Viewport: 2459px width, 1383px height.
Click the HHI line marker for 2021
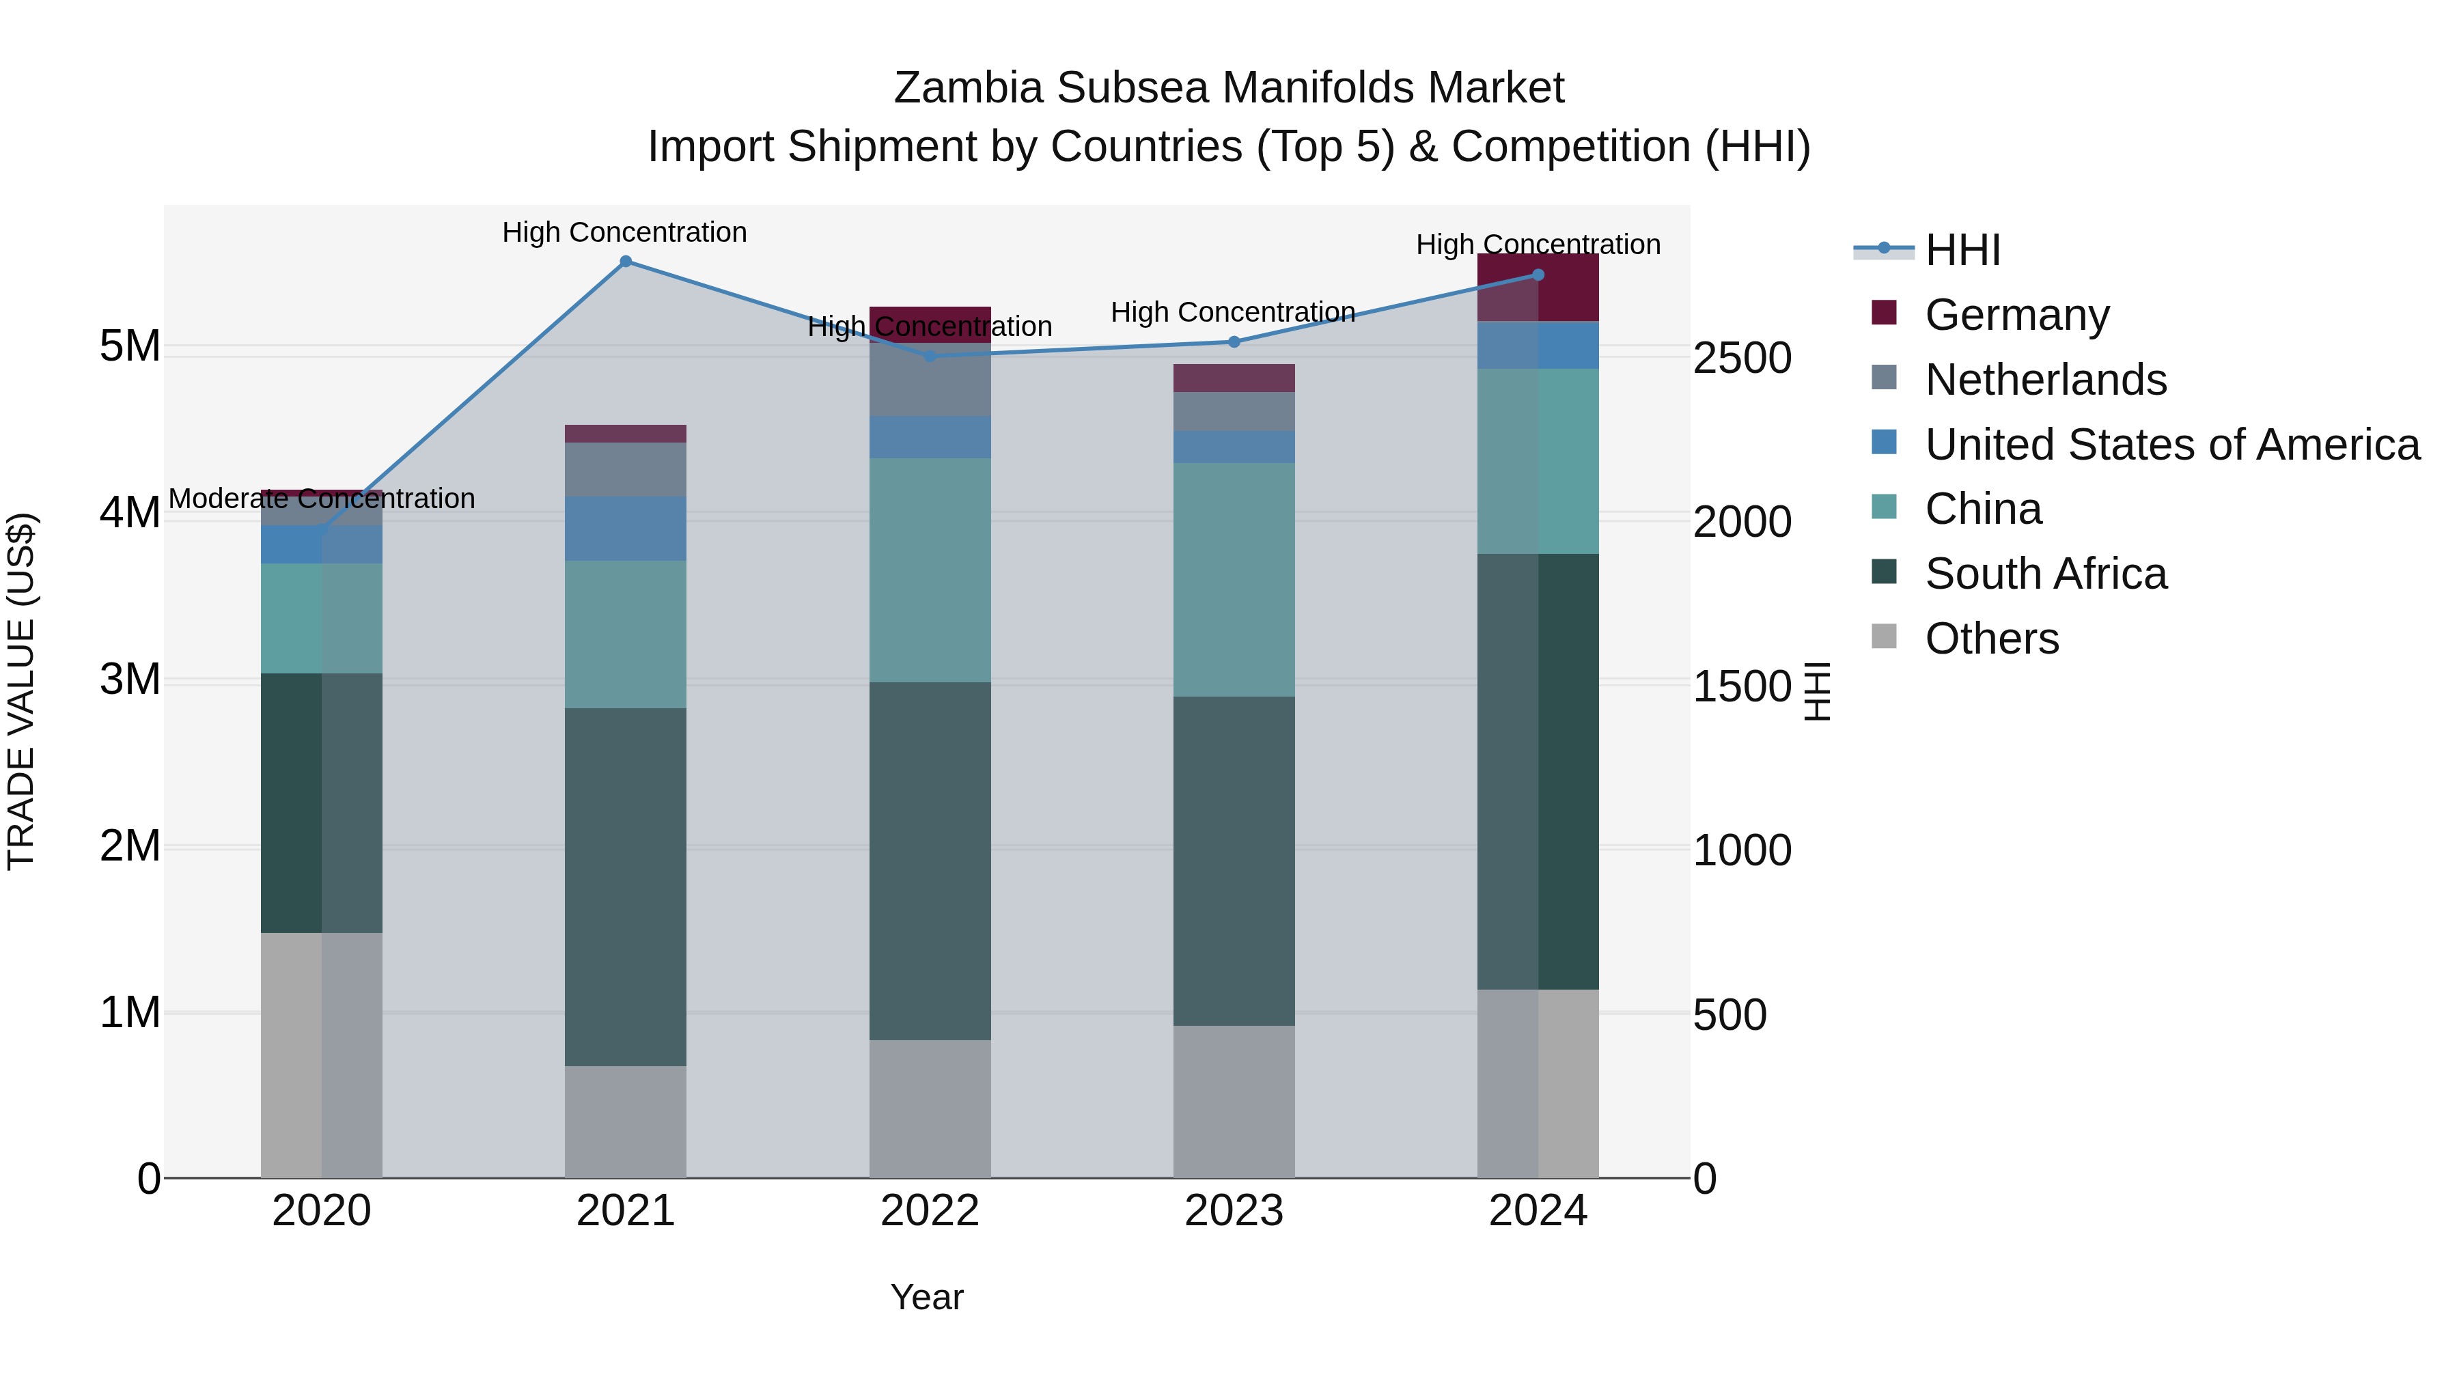click(x=625, y=262)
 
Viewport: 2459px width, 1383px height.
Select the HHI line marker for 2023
click(x=1234, y=341)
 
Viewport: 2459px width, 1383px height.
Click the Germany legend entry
click(x=2016, y=315)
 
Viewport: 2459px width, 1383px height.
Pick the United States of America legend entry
click(x=2171, y=445)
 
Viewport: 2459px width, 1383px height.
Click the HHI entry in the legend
click(x=1962, y=250)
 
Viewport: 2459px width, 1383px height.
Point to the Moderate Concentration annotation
click(x=322, y=499)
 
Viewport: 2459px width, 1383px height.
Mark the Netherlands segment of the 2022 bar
click(x=930, y=380)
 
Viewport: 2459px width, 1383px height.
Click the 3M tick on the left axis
click(x=130, y=680)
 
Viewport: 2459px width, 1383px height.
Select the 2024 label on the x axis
click(x=1537, y=1211)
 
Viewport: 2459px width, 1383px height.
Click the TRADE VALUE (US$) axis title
click(x=21, y=691)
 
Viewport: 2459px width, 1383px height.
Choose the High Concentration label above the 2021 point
click(x=624, y=232)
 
